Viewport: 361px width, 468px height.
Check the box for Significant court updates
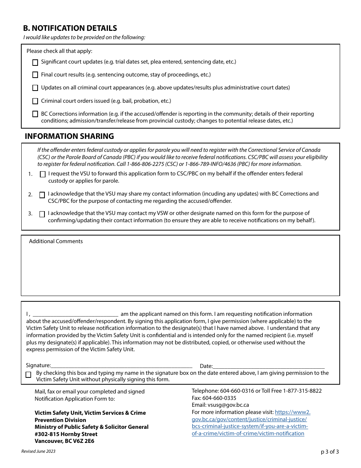[x=35, y=62]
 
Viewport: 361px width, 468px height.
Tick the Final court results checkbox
[x=35, y=75]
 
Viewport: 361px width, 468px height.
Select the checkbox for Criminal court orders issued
[x=35, y=101]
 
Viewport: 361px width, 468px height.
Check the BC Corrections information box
[x=35, y=114]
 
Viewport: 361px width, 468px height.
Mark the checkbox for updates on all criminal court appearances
[x=35, y=88]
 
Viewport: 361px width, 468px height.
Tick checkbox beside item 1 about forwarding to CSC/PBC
[x=42, y=174]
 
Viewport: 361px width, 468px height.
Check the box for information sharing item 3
[x=42, y=214]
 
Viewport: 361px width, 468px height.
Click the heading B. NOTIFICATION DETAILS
[x=70, y=28]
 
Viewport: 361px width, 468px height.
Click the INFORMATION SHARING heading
[x=69, y=136]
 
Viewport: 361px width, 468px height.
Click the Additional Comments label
[x=56, y=241]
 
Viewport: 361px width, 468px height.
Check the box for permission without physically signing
[x=28, y=375]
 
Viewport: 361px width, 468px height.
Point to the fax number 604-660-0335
[x=219, y=398]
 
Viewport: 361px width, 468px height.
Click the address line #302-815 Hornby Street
[x=66, y=434]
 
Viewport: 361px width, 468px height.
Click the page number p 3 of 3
[x=329, y=452]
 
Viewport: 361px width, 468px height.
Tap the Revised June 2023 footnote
[x=38, y=451]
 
